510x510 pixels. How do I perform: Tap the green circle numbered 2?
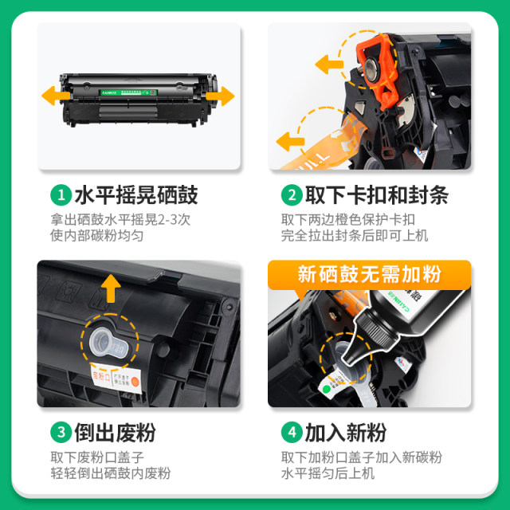291,194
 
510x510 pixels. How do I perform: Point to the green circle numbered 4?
291,433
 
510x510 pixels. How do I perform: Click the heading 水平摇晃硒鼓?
135,194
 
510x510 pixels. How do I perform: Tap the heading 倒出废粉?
115,433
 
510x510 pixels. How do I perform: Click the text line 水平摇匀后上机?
327,473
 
